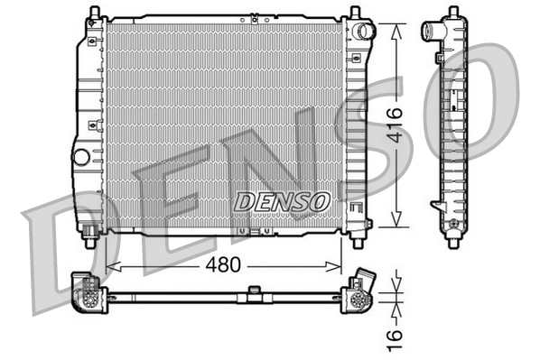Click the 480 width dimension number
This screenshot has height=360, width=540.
223,268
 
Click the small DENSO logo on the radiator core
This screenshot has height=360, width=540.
282,201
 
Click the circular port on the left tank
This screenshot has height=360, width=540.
81,156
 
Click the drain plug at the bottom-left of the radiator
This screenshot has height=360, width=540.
91,238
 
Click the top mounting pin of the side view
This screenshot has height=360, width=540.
451,12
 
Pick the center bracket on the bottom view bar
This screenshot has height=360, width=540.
255,291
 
